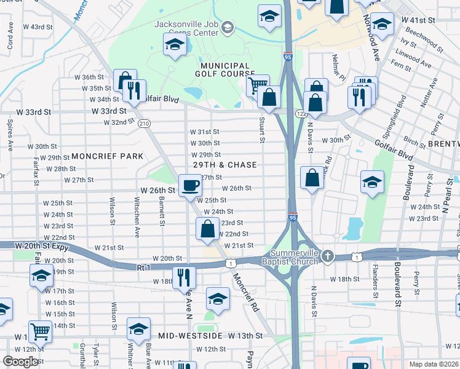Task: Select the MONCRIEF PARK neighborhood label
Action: point(107,156)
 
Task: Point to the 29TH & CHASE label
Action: point(224,165)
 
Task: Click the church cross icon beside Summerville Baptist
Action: point(328,255)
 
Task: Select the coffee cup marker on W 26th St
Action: point(190,184)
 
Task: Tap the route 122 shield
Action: point(299,114)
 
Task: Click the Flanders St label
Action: point(375,276)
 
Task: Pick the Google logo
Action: point(20,362)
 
